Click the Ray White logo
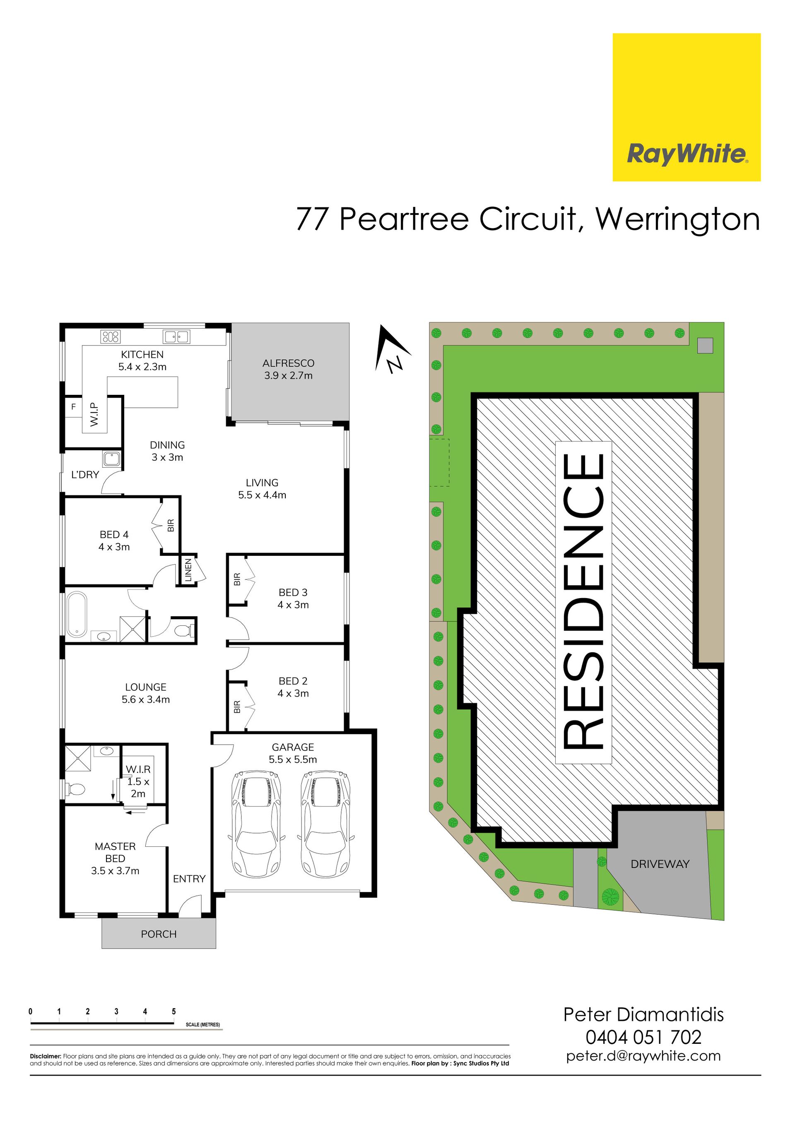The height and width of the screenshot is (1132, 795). [687, 107]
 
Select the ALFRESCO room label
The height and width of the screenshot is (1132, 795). [288, 363]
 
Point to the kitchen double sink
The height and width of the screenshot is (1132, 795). [176, 337]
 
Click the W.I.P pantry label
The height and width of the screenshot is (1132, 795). [94, 414]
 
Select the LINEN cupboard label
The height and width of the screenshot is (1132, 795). [188, 570]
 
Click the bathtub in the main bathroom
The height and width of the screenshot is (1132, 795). [77, 614]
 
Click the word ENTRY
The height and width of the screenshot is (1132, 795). [189, 879]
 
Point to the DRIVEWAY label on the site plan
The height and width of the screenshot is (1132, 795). [660, 864]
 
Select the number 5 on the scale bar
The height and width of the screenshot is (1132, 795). [173, 1011]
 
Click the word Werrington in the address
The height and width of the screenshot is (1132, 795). [678, 219]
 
